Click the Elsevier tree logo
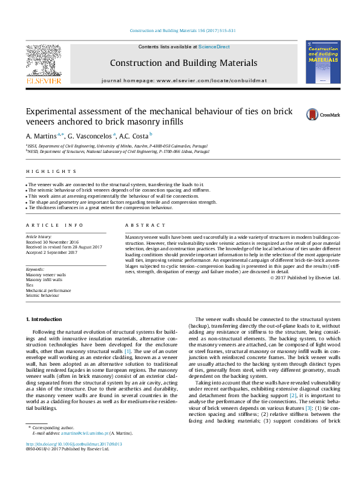pyautogui.click(x=43, y=62)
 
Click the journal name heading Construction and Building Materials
pyautogui.click(x=183, y=63)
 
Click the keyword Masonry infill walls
pyautogui.click(x=44, y=280)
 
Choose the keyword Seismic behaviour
pyautogui.click(x=43, y=296)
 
